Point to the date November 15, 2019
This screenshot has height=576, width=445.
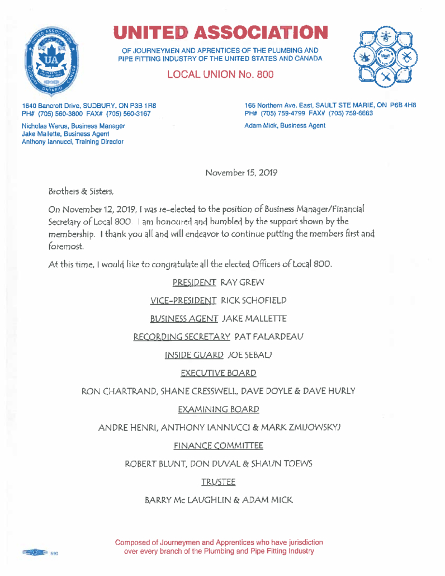coord(242,173)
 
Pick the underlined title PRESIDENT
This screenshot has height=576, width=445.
coord(194,281)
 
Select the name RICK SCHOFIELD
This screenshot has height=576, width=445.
coord(254,300)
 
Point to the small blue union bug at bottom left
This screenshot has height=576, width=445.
coord(34,553)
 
